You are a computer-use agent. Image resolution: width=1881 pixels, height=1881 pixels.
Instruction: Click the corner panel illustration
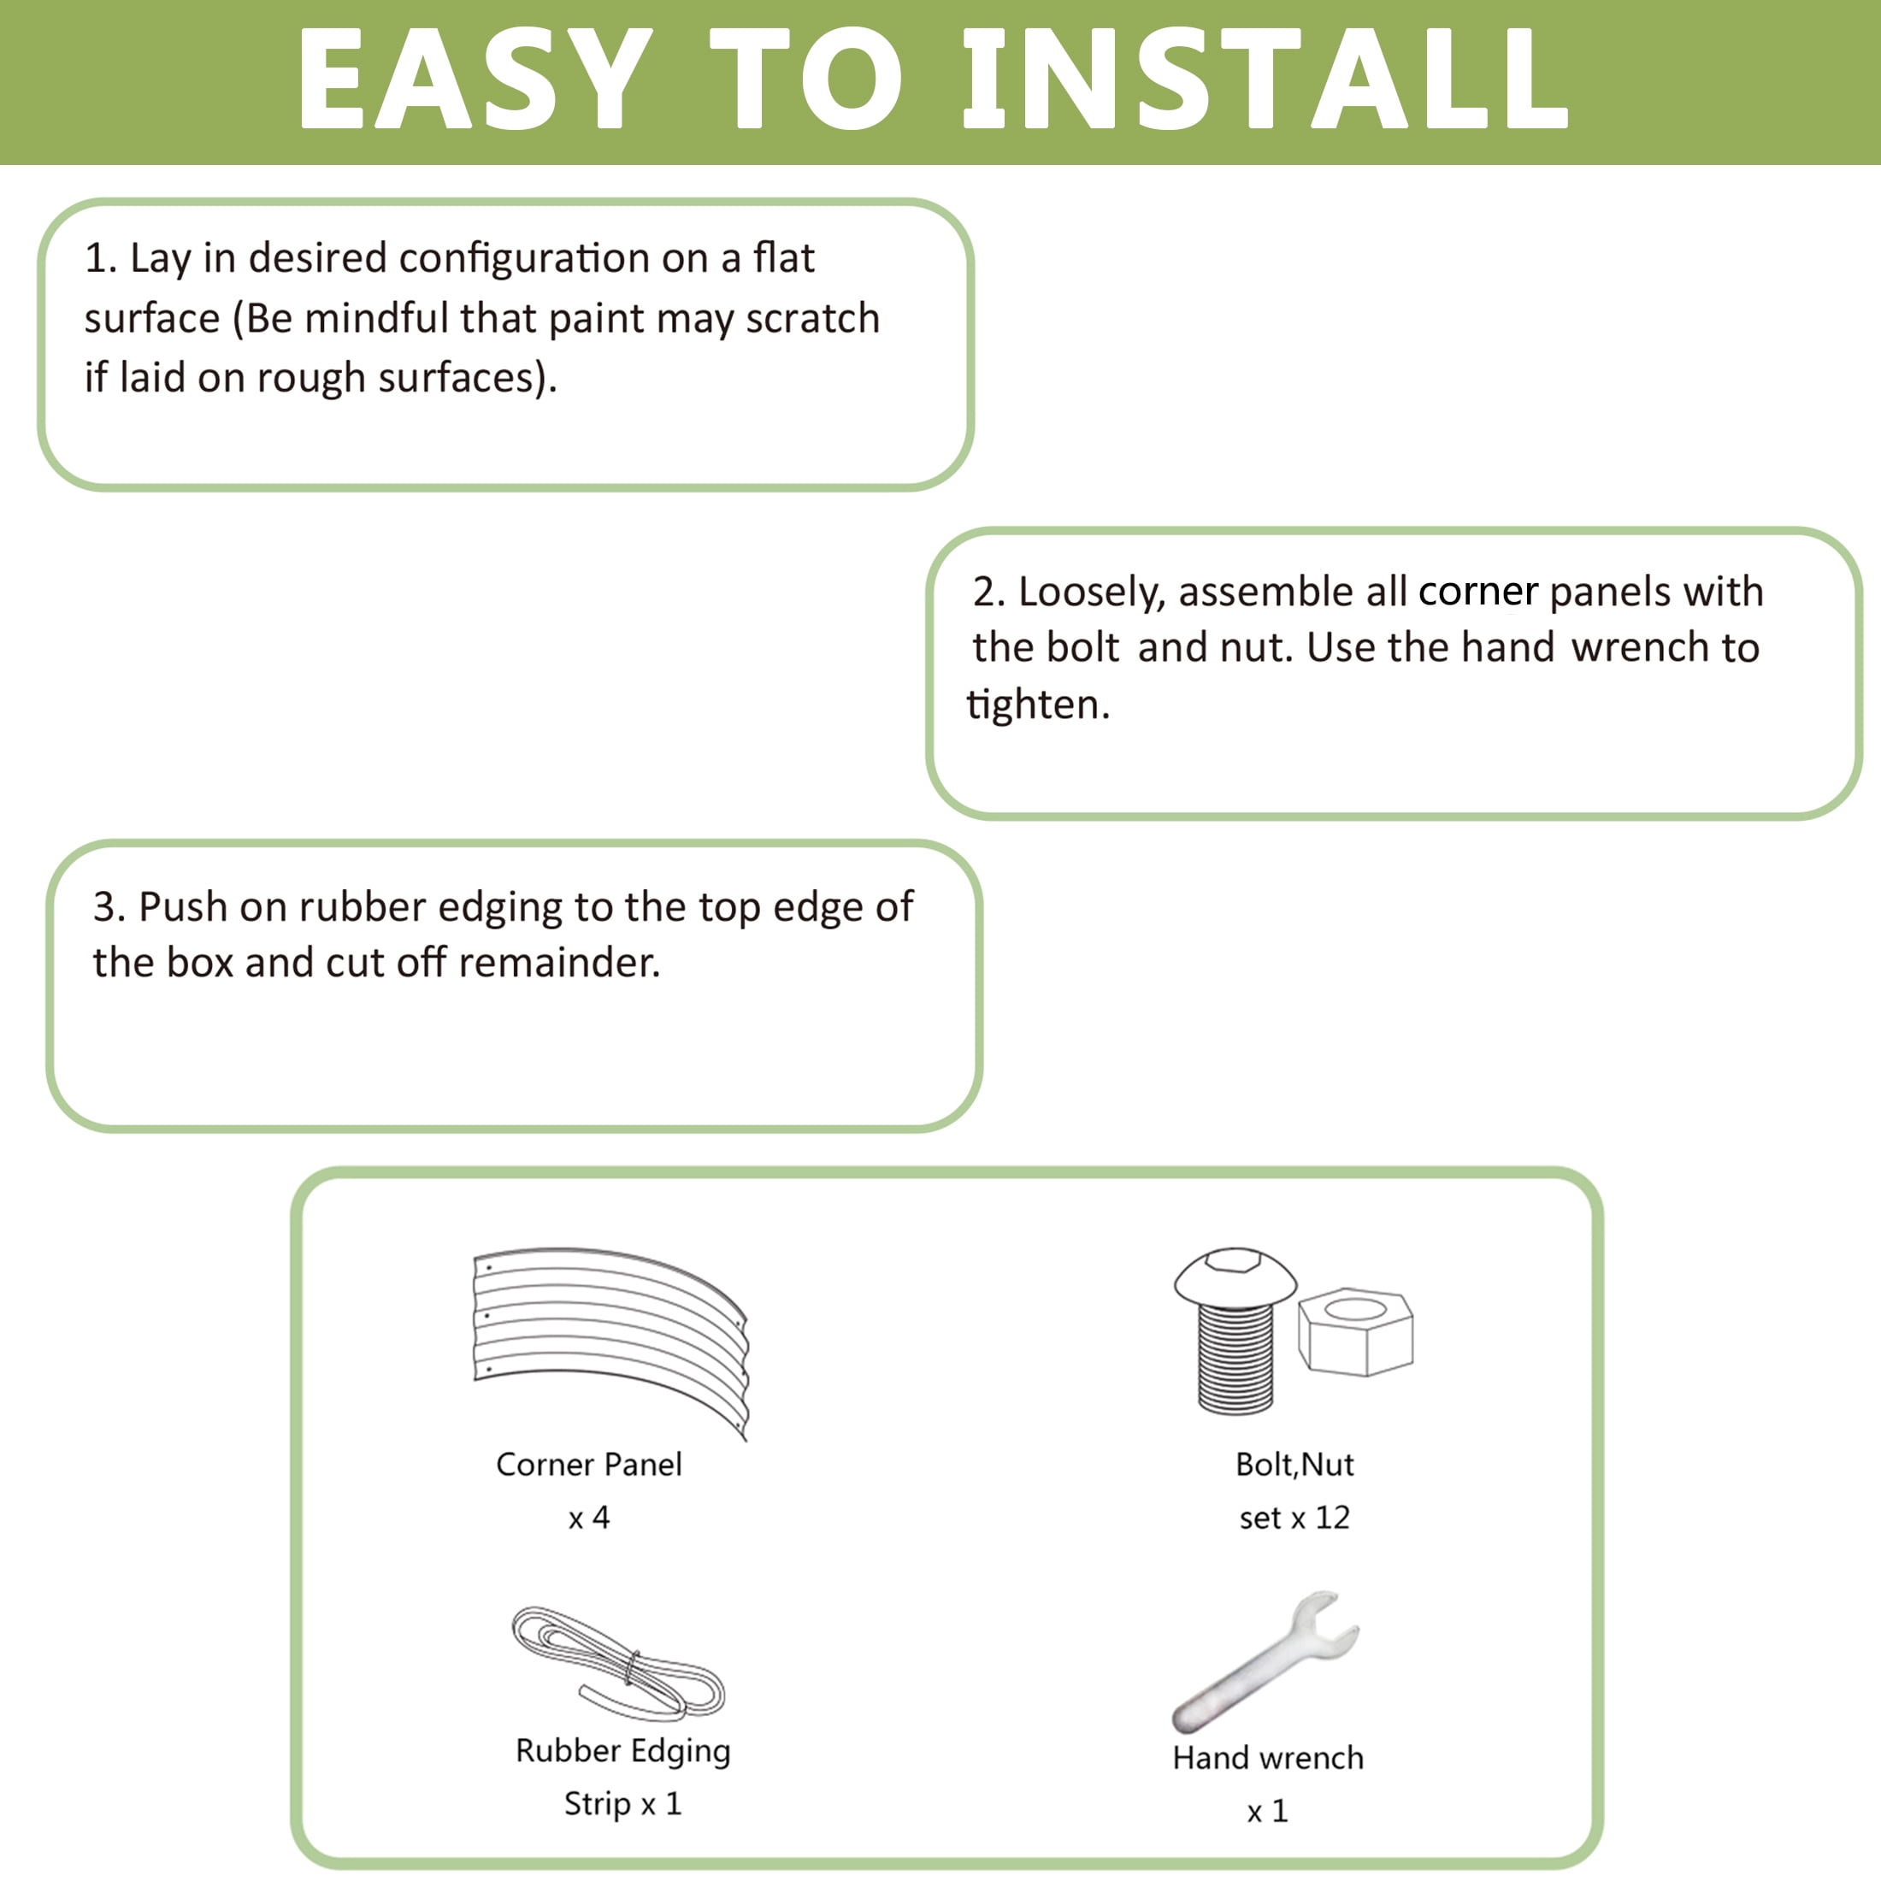[610, 1341]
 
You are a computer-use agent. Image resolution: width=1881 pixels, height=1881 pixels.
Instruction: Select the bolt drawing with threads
[1235, 1330]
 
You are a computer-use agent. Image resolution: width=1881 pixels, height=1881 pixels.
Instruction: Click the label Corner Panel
[589, 1465]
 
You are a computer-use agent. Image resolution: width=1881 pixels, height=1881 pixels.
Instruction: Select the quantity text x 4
[589, 1518]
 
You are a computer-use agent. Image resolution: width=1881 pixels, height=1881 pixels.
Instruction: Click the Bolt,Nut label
[1294, 1465]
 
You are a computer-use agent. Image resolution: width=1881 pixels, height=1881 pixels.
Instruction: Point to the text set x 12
[1294, 1518]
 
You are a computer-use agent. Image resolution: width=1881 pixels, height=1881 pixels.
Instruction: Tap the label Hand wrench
[1268, 1759]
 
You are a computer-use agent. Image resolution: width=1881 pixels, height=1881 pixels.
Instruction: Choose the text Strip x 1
[623, 1804]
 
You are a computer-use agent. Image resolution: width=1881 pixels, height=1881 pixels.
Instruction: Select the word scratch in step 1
[813, 318]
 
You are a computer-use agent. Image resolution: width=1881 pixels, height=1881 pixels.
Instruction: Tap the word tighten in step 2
[1038, 705]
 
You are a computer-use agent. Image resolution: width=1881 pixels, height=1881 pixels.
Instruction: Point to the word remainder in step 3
[560, 963]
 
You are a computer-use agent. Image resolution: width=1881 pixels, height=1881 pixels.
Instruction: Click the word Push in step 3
[183, 906]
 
